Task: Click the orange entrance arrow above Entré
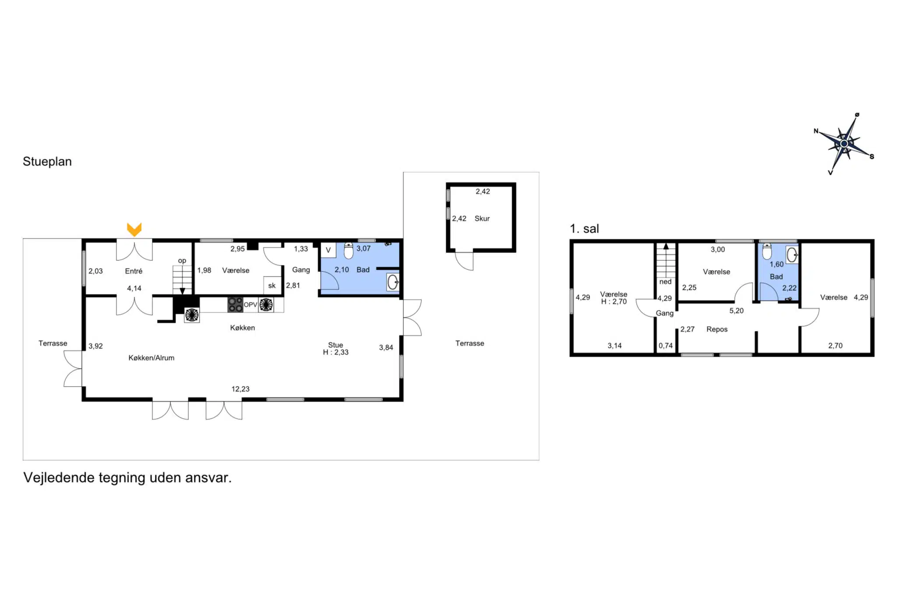[134, 229]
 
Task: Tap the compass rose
[844, 143]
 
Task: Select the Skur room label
[482, 219]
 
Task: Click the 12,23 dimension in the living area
[240, 389]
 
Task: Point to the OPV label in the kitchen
[250, 305]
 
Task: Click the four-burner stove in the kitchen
[235, 304]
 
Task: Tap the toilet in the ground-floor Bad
[349, 251]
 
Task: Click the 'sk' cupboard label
[272, 286]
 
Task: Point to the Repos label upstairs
[717, 329]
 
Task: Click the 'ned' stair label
[665, 282]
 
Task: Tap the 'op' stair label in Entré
[182, 261]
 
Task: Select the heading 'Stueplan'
[47, 162]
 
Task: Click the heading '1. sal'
[584, 229]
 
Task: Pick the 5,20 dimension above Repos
[736, 311]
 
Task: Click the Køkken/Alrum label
[152, 358]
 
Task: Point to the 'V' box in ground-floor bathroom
[328, 250]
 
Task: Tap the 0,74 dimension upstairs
[665, 346]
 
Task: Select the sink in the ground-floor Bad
[393, 282]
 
